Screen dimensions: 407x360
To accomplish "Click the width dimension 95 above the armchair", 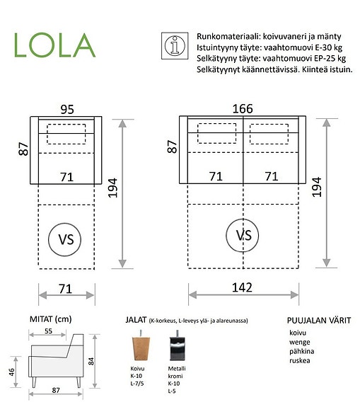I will coord(67,110).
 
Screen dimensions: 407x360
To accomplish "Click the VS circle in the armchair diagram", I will coord(65,239).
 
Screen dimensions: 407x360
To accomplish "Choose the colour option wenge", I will coord(298,341).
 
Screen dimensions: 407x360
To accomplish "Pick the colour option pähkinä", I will coord(301,351).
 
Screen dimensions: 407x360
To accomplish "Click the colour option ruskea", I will coord(300,361).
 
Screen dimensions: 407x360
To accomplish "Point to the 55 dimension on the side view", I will coord(47,331).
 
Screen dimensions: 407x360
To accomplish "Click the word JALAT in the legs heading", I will coord(137,320).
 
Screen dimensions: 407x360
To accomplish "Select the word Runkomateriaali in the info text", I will coord(221,34).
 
